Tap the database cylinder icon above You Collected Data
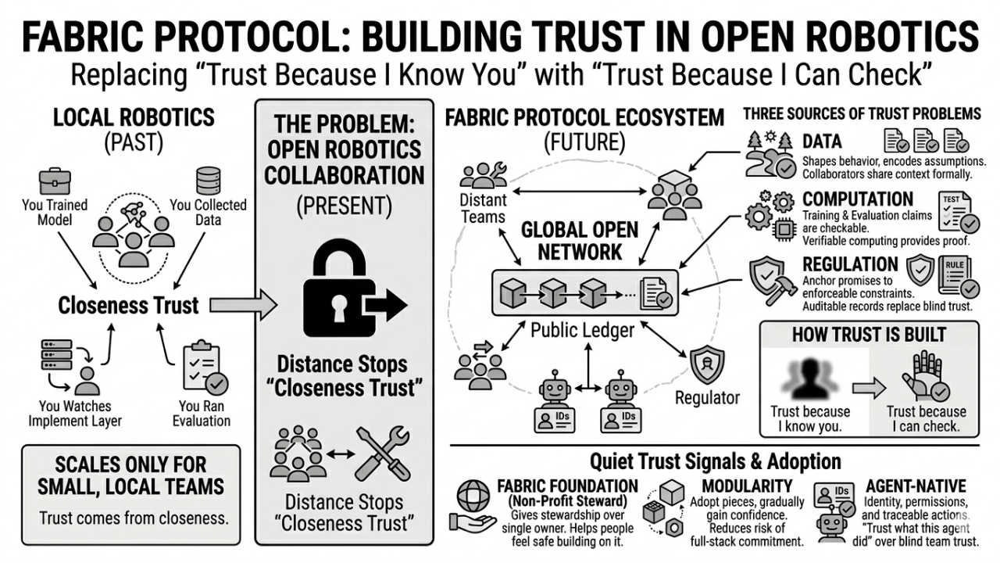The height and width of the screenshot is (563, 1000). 208,181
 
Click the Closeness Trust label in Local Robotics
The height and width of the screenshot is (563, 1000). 129,304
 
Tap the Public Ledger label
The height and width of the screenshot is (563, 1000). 582,331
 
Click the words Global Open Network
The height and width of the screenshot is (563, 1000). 580,241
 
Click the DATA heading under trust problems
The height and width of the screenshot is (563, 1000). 822,142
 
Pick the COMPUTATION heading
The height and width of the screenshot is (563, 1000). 858,199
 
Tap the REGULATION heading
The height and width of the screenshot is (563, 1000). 851,264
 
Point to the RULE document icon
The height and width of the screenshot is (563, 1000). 956,276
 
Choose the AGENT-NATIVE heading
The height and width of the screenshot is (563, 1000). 916,486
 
